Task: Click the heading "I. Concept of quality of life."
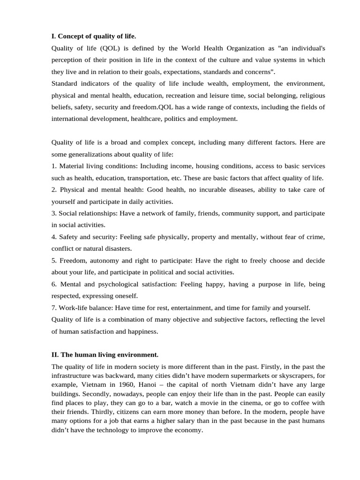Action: click(x=94, y=36)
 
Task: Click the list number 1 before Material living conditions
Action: click(x=54, y=166)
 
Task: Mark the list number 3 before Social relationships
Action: click(x=54, y=213)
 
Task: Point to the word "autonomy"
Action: click(x=102, y=261)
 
